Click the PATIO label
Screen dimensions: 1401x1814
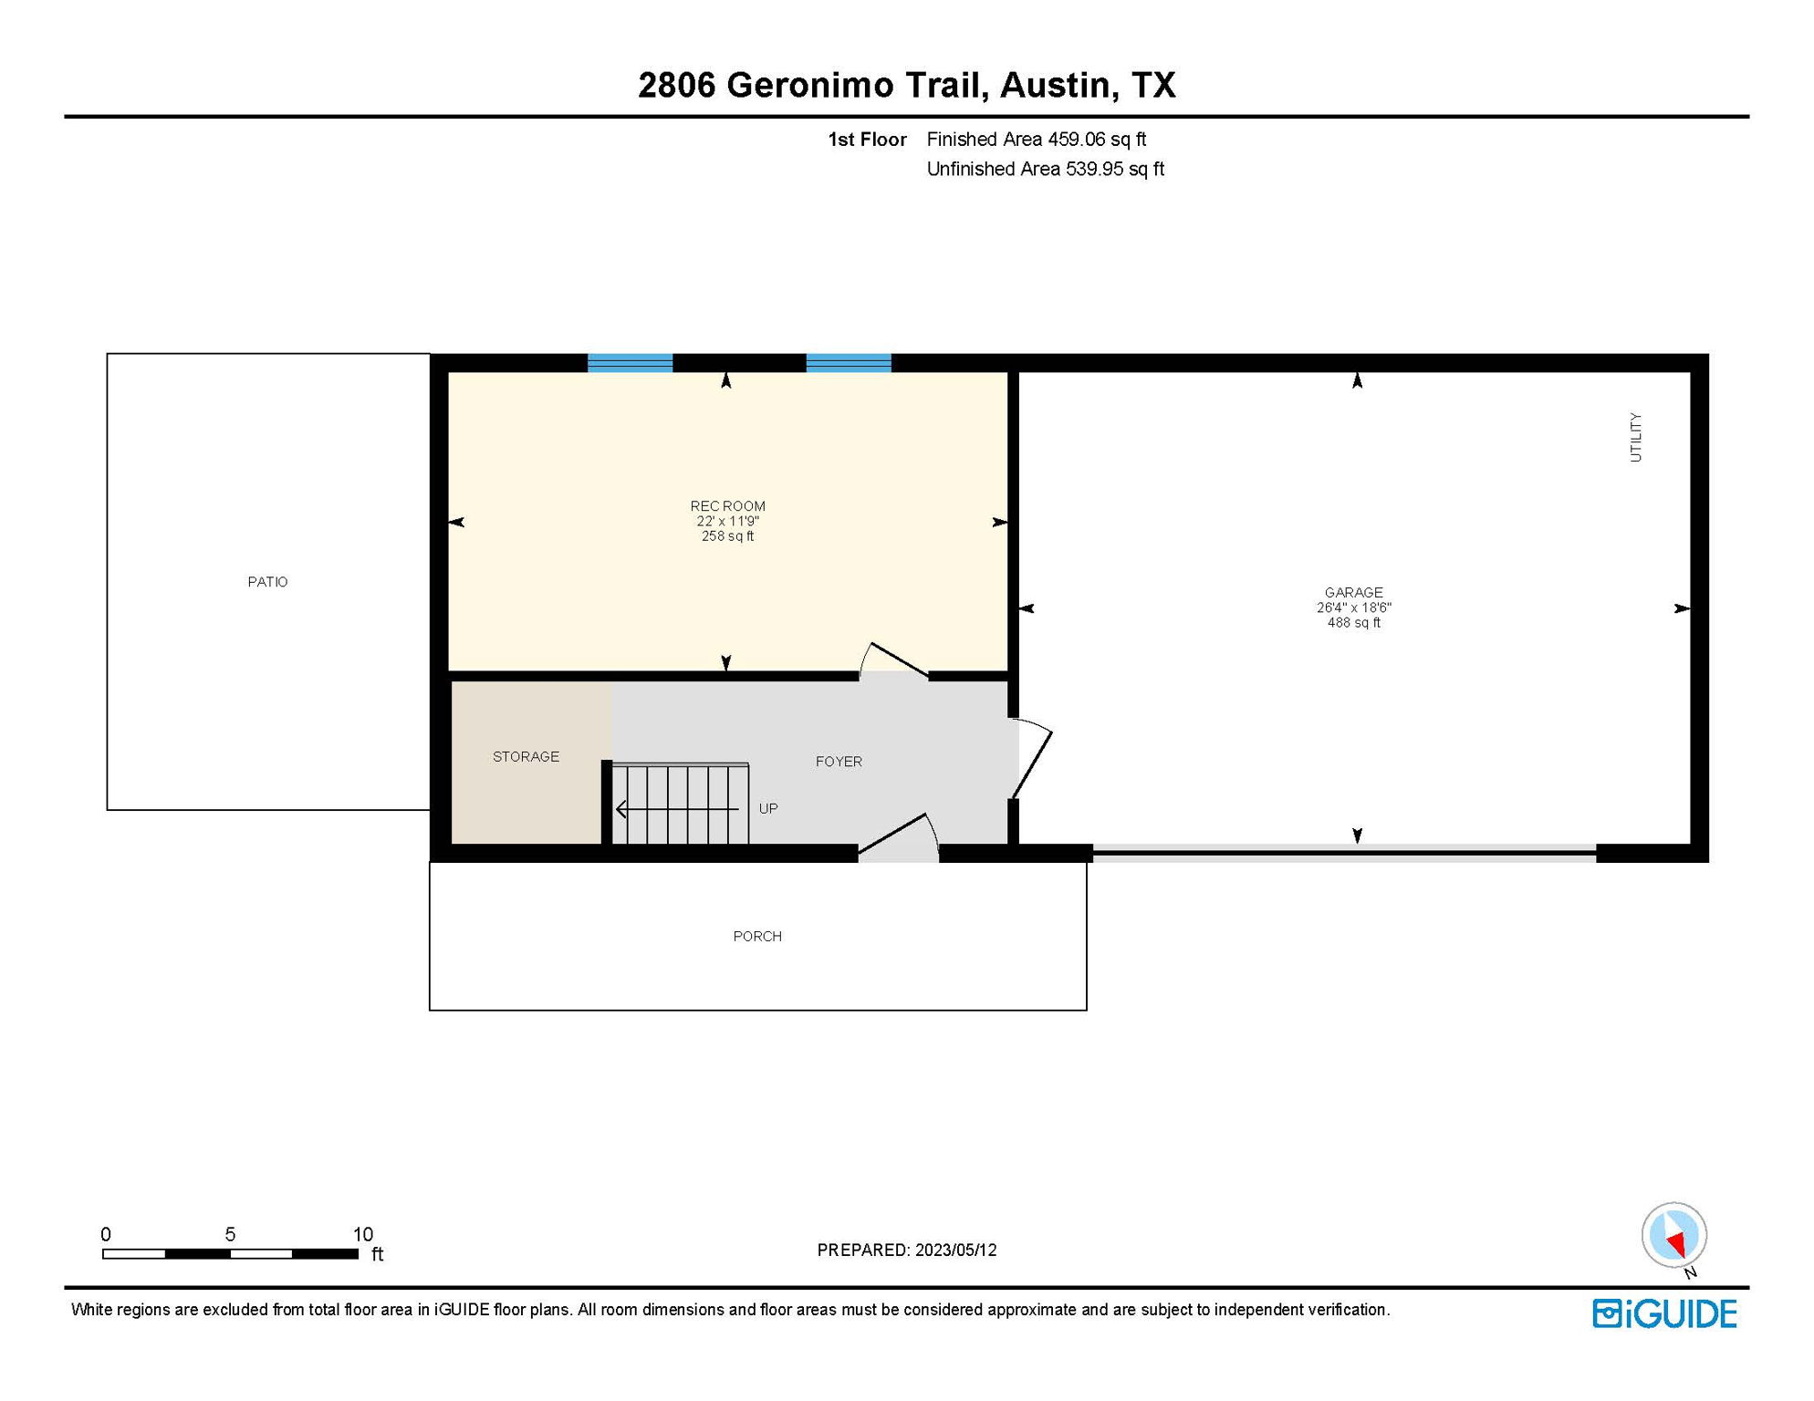pos(267,582)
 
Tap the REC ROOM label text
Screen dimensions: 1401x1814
pos(727,506)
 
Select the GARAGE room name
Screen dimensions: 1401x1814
pos(1353,593)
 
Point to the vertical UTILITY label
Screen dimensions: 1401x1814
pos(1635,437)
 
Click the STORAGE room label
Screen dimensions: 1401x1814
pos(526,757)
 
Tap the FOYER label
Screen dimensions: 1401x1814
pos(839,762)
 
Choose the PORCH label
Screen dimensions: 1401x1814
pos(757,937)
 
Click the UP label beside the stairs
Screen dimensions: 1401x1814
pos(768,809)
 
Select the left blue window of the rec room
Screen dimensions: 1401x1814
pos(630,363)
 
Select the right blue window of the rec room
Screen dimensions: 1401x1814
pos(849,363)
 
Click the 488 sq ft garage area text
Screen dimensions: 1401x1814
pos(1353,623)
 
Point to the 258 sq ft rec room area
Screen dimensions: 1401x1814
pos(727,536)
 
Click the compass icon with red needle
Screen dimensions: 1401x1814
pos(1673,1235)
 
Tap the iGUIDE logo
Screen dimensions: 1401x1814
pos(1664,1313)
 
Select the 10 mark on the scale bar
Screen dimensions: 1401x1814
pos(363,1234)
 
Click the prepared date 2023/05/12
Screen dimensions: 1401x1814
pos(955,1251)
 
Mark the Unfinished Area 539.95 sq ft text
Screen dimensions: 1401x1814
pos(1045,170)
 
